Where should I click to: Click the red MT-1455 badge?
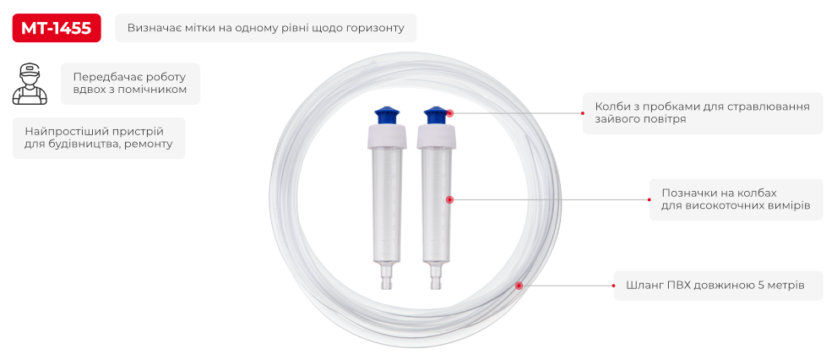click(57, 28)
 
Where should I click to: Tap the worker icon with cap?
click(30, 84)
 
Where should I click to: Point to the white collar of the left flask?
click(388, 136)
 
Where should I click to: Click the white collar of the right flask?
click(437, 136)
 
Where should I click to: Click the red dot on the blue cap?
click(450, 113)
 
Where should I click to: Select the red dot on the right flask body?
click(449, 199)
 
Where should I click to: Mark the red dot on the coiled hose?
click(519, 286)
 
